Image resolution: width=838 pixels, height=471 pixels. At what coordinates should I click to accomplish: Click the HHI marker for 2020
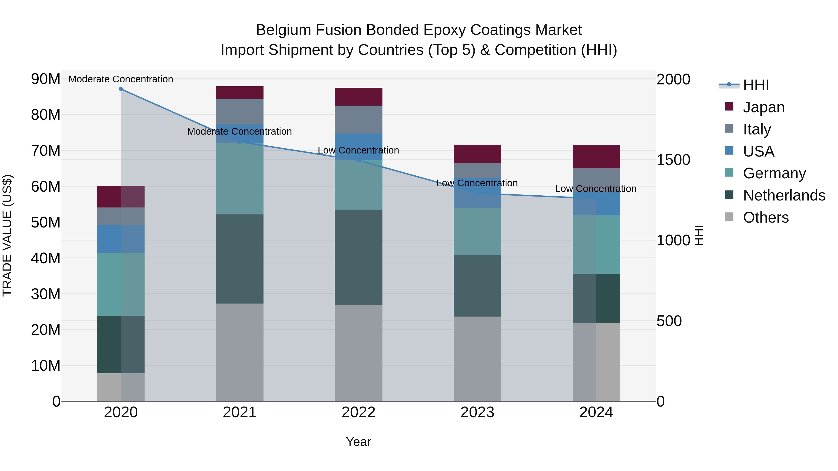121,89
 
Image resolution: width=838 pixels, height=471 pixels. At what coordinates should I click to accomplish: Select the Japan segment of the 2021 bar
240,92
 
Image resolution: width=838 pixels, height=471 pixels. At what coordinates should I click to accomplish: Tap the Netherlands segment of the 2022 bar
358,257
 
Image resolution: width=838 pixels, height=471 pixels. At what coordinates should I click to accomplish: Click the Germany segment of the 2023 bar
477,231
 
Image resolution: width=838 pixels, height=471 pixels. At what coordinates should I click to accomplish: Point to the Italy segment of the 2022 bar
358,119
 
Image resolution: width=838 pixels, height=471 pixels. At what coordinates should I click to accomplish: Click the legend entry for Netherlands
784,195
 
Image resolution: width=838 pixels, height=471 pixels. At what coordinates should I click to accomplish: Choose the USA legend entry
758,151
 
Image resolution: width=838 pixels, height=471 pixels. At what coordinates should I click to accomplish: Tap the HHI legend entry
756,85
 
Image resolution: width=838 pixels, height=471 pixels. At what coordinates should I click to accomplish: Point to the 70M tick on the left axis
46,151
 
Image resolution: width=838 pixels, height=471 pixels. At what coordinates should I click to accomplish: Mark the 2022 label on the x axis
358,412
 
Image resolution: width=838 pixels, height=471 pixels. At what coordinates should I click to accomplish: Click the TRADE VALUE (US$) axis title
7,235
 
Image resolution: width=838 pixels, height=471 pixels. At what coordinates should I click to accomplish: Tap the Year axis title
358,442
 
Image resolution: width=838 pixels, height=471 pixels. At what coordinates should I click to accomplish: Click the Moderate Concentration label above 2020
121,79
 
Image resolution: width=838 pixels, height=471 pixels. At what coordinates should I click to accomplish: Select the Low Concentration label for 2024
596,189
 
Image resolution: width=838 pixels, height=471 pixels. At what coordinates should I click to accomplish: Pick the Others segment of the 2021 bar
240,352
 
